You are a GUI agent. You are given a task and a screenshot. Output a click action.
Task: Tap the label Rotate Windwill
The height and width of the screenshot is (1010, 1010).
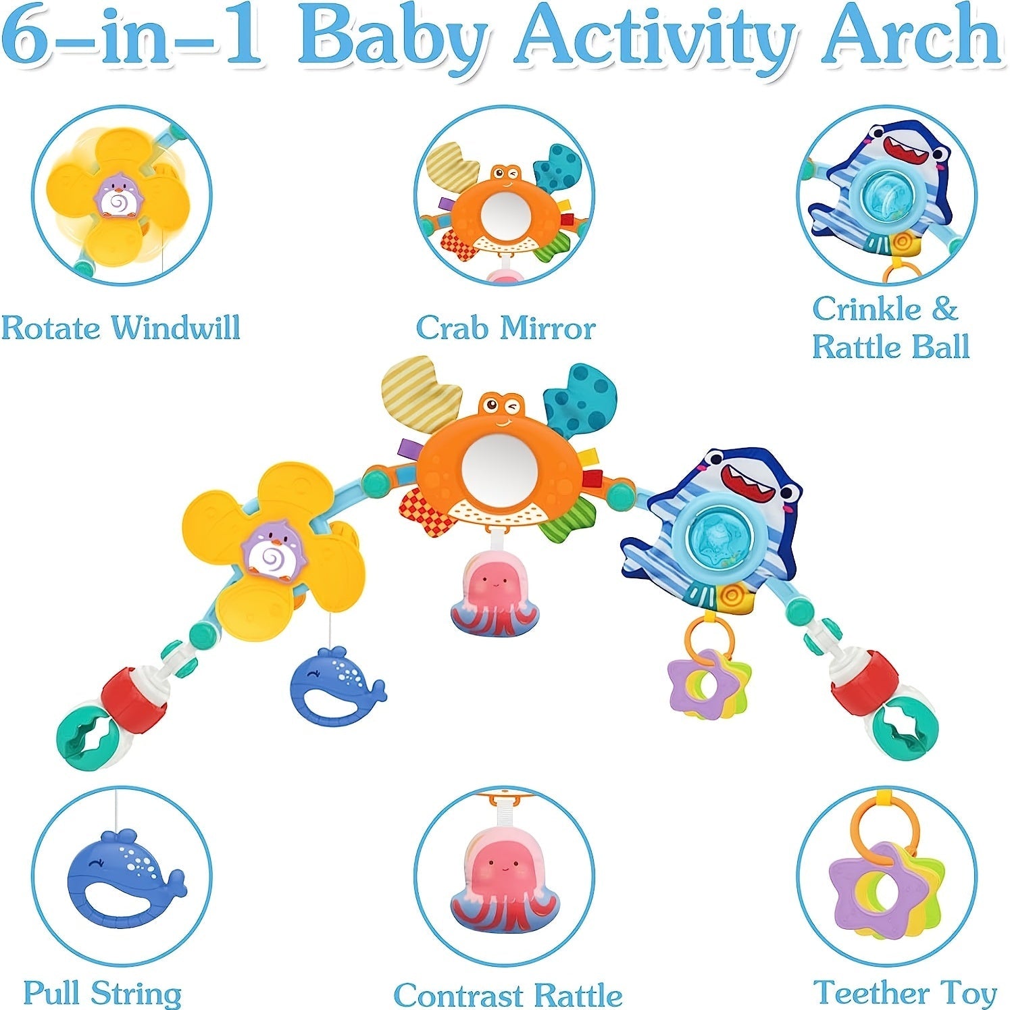pos(120,328)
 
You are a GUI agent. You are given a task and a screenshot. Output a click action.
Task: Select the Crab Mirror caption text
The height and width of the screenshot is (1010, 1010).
pos(505,328)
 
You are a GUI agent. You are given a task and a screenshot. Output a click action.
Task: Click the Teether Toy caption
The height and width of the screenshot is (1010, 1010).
pos(905,992)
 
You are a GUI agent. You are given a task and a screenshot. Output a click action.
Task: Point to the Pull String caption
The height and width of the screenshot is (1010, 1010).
pos(102,993)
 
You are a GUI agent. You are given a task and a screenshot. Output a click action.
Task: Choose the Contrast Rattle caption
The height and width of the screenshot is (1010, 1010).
pos(507,995)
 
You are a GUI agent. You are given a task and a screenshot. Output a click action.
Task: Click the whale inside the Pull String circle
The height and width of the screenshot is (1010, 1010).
pos(122,878)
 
